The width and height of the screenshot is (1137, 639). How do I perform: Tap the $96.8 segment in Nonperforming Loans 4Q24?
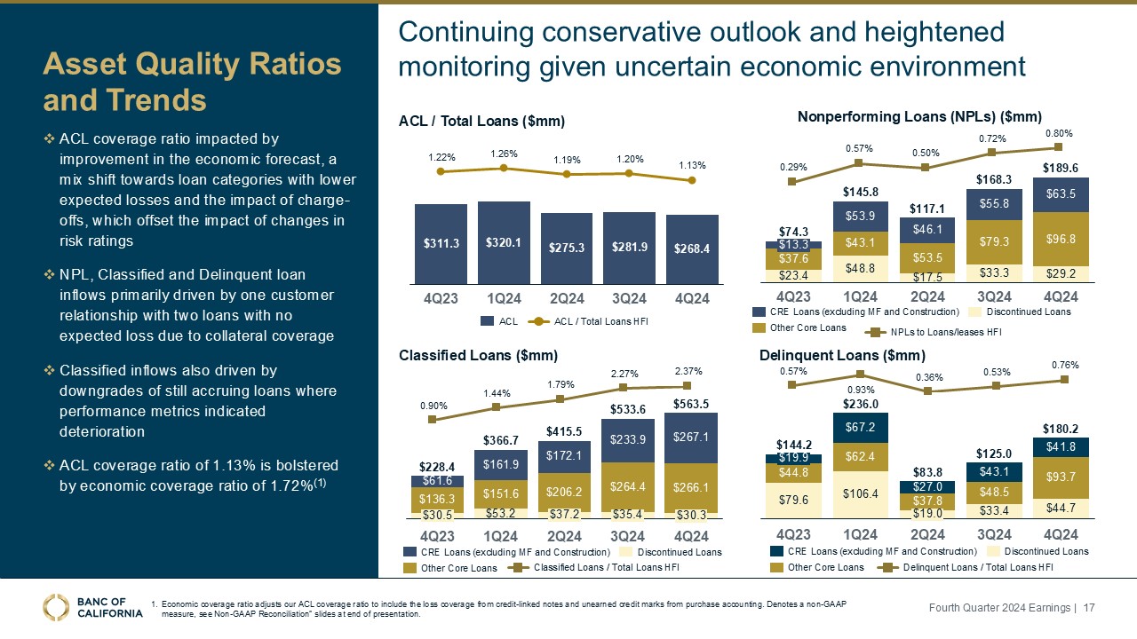(x=1060, y=238)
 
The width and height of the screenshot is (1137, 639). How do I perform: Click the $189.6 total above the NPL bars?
(x=1060, y=167)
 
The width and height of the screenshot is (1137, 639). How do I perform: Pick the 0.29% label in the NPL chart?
(x=794, y=166)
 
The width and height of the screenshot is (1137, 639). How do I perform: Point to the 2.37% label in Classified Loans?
(x=688, y=370)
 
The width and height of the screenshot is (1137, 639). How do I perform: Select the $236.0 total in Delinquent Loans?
(x=860, y=404)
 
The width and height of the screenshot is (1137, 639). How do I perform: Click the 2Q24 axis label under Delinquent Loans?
(x=927, y=534)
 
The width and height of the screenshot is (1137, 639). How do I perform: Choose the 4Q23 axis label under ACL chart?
(x=441, y=298)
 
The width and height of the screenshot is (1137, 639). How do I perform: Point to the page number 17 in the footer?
(x=1086, y=607)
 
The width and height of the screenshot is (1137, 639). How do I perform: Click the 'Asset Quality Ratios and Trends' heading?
(x=193, y=82)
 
